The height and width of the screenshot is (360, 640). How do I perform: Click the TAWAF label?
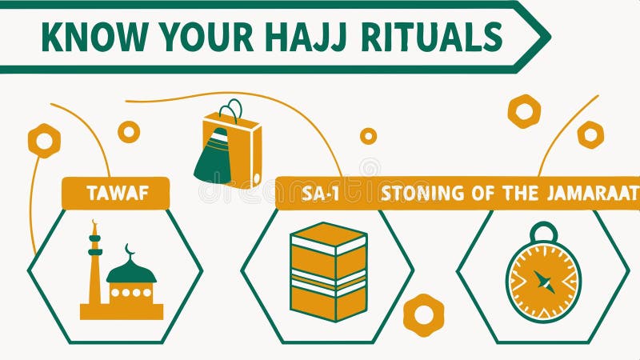click(116, 194)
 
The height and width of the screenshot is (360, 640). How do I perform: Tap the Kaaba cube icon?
click(328, 272)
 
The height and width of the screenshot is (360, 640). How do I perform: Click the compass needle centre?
click(543, 282)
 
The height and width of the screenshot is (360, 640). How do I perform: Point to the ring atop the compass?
click(543, 232)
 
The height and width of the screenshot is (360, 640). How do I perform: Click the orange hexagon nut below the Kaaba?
click(423, 314)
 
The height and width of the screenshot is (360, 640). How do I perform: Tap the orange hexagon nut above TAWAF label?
click(44, 141)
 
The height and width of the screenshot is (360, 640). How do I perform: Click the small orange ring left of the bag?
click(129, 132)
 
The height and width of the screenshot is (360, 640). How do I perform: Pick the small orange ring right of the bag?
click(368, 136)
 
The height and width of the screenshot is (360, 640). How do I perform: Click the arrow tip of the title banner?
click(544, 36)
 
